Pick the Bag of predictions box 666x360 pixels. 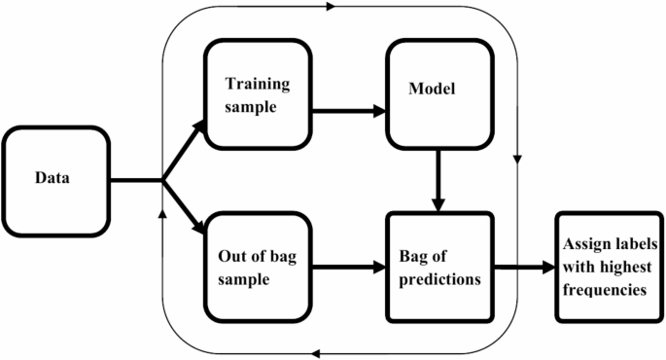point(439,264)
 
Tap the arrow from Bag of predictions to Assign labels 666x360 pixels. point(525,264)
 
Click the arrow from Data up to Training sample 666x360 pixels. point(185,149)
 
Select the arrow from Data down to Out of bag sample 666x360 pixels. point(185,209)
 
